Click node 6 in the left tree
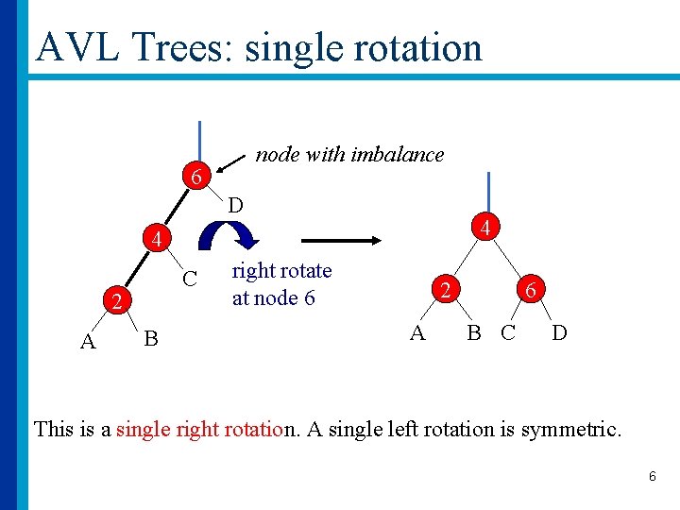195,177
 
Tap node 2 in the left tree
115,303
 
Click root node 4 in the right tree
484,228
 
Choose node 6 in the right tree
532,291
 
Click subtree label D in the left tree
236,204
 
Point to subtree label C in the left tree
190,279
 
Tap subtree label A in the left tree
88,342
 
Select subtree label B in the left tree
150,338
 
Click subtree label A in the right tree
416,332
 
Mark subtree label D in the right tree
559,332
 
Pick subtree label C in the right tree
508,332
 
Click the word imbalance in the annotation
397,155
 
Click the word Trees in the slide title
174,47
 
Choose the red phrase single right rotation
205,430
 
